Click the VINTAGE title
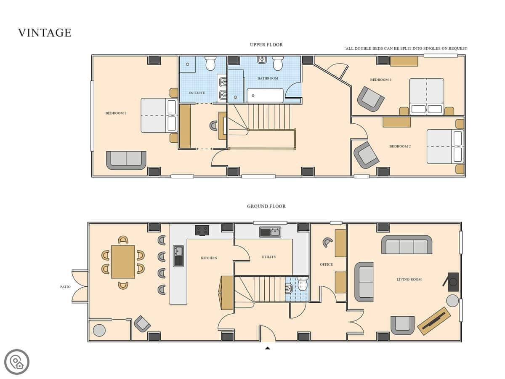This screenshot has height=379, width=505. pos(45,33)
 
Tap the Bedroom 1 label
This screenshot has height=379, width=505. pos(116,113)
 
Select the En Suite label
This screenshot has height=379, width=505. pos(197,93)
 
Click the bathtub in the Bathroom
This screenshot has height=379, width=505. pos(265,95)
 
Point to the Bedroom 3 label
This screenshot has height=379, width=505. pos(380,80)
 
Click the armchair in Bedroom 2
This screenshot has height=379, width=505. pos(366,155)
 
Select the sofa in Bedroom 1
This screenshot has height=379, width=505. pos(126,160)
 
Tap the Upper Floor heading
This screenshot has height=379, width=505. pos(266,45)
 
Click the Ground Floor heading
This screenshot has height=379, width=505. pos(266,206)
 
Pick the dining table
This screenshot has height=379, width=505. pos(123,262)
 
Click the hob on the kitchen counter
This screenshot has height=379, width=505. pos(202,230)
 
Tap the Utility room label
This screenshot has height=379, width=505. pos(269,257)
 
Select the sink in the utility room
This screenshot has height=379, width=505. pos(270,232)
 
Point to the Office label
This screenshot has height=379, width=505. pos(326,264)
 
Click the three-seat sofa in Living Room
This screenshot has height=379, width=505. pos(407,245)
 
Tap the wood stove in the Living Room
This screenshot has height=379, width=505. pos(452,282)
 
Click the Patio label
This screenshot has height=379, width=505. pos(65,287)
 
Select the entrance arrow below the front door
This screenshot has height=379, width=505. pos(267,348)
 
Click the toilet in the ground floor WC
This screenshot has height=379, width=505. pos(302,284)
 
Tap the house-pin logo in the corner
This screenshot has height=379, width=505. pos(17,362)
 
